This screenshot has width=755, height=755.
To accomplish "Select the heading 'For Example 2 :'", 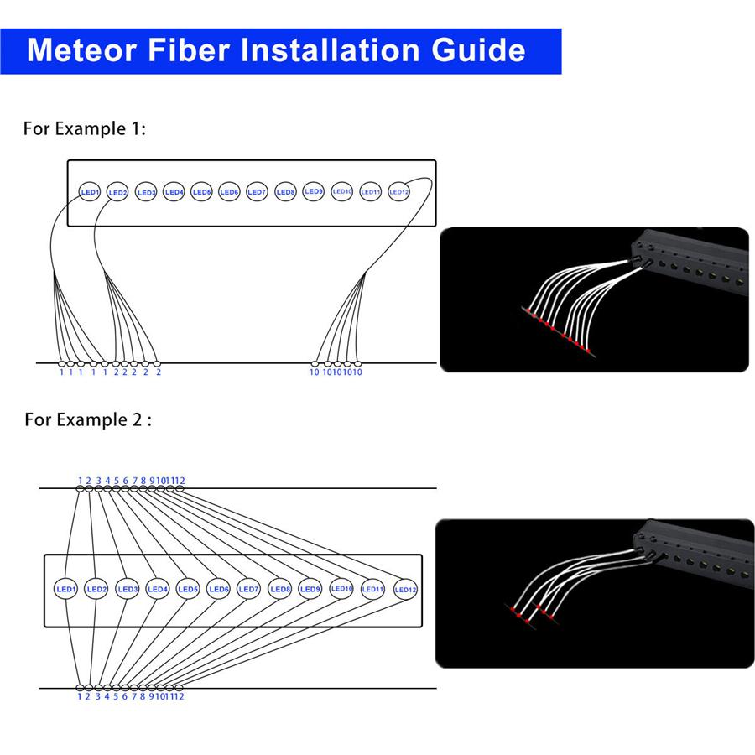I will pyautogui.click(x=87, y=419).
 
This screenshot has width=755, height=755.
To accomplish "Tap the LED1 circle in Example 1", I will pyautogui.click(x=90, y=192).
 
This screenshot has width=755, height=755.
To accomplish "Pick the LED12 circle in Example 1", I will pyautogui.click(x=399, y=191).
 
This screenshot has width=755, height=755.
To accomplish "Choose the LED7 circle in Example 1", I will pyautogui.click(x=258, y=192).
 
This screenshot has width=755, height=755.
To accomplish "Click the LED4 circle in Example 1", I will pyautogui.click(x=174, y=192).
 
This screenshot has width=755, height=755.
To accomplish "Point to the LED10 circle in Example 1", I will pyautogui.click(x=342, y=191).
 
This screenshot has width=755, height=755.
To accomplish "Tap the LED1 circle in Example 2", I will pyautogui.click(x=66, y=590).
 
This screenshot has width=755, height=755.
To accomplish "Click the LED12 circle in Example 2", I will pyautogui.click(x=405, y=590).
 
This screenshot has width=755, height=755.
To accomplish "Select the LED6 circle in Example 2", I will pyautogui.click(x=219, y=590).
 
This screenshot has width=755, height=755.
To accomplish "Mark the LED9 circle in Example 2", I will pyautogui.click(x=310, y=589).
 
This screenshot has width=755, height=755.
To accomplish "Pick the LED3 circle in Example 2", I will pyautogui.click(x=128, y=590).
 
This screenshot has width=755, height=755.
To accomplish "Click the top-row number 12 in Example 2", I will pyautogui.click(x=180, y=481).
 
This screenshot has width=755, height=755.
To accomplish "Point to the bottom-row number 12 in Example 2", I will pyautogui.click(x=179, y=696).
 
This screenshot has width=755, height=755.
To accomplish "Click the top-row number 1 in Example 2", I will pyautogui.click(x=81, y=481).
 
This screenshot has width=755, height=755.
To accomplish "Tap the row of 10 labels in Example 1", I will pyautogui.click(x=336, y=372).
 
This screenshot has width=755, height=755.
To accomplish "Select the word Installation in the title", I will pyautogui.click(x=330, y=50).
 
